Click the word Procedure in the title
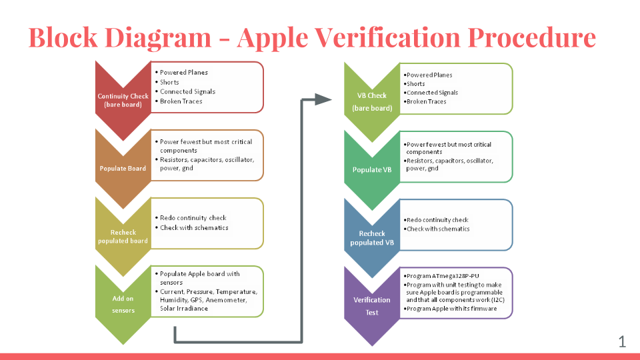click(531, 37)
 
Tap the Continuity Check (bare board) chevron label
click(123, 100)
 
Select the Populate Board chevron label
click(123, 168)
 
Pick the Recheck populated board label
click(123, 236)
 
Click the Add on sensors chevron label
click(123, 304)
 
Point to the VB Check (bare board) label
click(372, 101)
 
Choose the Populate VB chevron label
click(372, 170)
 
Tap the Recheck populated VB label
click(372, 238)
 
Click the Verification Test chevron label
click(372, 306)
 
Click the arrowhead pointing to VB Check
click(323, 99)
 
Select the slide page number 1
click(622, 341)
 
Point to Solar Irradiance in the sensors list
click(184, 309)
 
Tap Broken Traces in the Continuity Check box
click(181, 101)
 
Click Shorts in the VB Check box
click(415, 84)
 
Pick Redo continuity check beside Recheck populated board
click(193, 218)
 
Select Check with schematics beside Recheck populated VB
click(438, 229)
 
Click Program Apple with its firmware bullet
click(451, 309)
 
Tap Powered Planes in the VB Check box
click(429, 75)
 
